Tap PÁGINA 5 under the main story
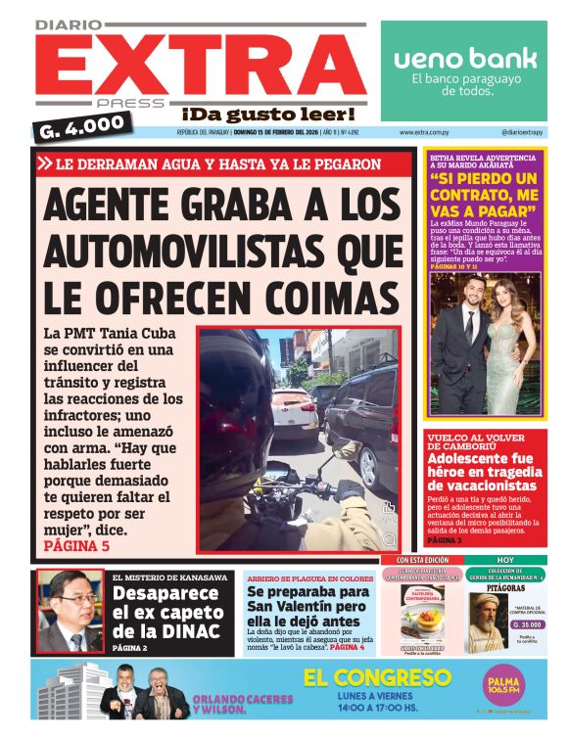click(x=77, y=546)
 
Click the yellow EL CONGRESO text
click(x=376, y=677)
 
